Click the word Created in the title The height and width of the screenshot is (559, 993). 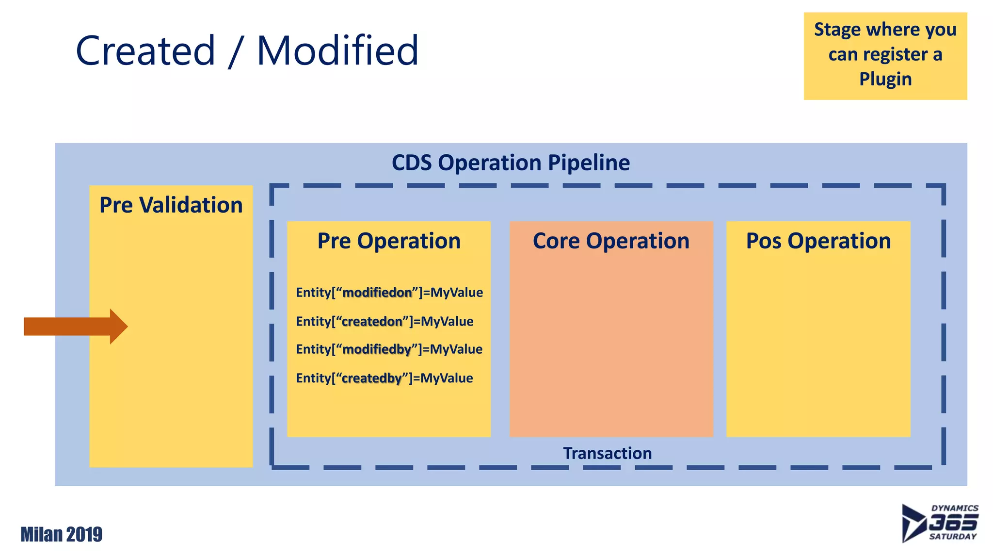145,50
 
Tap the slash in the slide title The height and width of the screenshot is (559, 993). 235,51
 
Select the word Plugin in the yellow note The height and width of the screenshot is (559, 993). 885,79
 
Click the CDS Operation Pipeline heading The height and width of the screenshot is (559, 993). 511,163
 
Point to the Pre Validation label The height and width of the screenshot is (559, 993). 171,205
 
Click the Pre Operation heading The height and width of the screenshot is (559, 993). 389,241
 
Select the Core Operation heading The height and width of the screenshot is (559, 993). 611,241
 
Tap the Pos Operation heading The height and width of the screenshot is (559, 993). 818,241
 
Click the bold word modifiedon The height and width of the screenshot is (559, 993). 377,293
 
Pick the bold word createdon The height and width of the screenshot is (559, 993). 372,322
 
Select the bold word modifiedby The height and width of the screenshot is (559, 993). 377,349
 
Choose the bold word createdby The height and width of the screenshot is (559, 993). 371,378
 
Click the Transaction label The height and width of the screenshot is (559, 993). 607,453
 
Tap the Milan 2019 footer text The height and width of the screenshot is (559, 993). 62,534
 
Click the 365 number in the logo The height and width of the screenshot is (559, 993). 952,523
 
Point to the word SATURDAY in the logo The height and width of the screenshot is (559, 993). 953,537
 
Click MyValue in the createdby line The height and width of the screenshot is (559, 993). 447,378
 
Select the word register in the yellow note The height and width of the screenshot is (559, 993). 896,54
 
